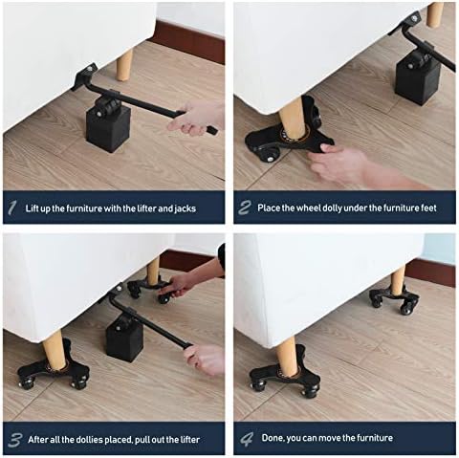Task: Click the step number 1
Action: coord(12,208)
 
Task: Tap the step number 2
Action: coord(245,207)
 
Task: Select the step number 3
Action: coord(15,440)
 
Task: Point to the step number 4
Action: coord(247,439)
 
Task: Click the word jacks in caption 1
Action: coord(185,208)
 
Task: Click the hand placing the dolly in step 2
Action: coord(347,164)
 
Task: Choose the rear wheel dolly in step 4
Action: coord(394,299)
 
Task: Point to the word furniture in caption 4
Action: coord(375,438)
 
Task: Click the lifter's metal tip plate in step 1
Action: coord(84,76)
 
